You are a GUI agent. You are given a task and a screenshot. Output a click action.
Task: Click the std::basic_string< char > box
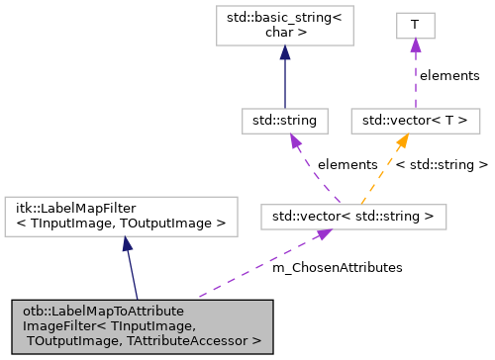pyautogui.click(x=284, y=25)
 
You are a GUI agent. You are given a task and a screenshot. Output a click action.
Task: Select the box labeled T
pyautogui.click(x=416, y=25)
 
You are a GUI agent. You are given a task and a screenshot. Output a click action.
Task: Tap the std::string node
pyautogui.click(x=284, y=120)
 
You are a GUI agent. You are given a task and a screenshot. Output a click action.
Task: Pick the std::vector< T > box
pyautogui.click(x=416, y=120)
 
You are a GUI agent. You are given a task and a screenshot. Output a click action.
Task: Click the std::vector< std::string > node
pyautogui.click(x=352, y=215)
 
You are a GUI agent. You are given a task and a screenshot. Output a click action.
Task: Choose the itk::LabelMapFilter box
pyautogui.click(x=122, y=215)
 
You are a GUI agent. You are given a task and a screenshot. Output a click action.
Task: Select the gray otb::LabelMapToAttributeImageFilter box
pyautogui.click(x=142, y=325)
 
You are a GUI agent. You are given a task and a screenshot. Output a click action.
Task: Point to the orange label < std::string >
pyautogui.click(x=442, y=164)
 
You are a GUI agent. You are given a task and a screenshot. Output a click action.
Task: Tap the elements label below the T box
pyautogui.click(x=448, y=75)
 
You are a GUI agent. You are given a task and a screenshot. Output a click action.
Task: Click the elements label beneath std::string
pyautogui.click(x=346, y=164)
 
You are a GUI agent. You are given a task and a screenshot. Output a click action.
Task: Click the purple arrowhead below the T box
pyautogui.click(x=416, y=45)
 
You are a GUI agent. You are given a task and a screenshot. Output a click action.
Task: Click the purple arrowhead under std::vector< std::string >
pyautogui.click(x=323, y=234)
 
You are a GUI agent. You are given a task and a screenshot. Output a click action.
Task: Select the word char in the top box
pyautogui.click(x=274, y=32)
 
